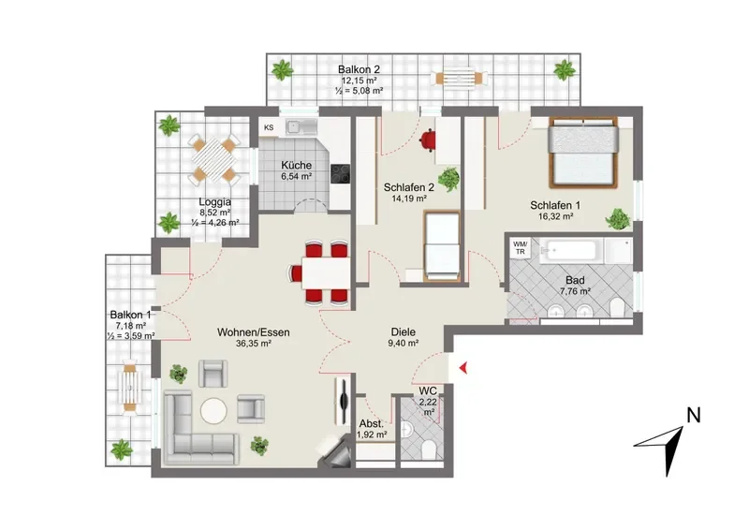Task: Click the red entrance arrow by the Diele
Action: coord(463,367)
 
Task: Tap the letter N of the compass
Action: coord(694,416)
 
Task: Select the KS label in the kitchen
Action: coord(269,127)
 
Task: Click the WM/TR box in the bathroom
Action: coord(520,247)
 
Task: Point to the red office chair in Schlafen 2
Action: coord(428,140)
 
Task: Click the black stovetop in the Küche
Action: coord(340,173)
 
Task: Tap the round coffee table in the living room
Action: coord(214,411)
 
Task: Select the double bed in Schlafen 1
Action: coord(582,153)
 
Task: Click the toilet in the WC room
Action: coord(428,449)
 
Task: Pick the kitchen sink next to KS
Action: coord(301,126)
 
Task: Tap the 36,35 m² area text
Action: coord(254,343)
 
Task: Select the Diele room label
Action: coord(404,331)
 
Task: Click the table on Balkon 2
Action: coord(460,78)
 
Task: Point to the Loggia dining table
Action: coord(214,160)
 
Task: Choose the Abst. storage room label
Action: coord(371,423)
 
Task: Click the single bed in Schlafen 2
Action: coord(442,245)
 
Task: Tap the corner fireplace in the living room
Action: coord(337,450)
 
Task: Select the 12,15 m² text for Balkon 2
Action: coord(360,81)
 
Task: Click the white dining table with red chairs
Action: coord(327,272)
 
